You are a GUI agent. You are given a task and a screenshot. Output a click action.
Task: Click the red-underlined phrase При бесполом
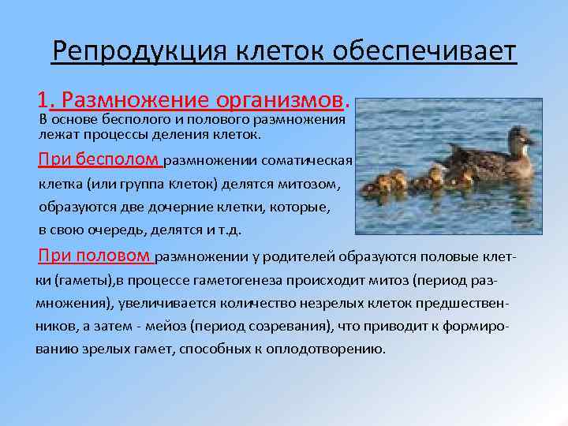[99, 160]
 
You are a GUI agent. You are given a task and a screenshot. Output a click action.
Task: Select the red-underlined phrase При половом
[94, 256]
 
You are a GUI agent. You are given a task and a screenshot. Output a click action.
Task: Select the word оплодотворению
[334, 349]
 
